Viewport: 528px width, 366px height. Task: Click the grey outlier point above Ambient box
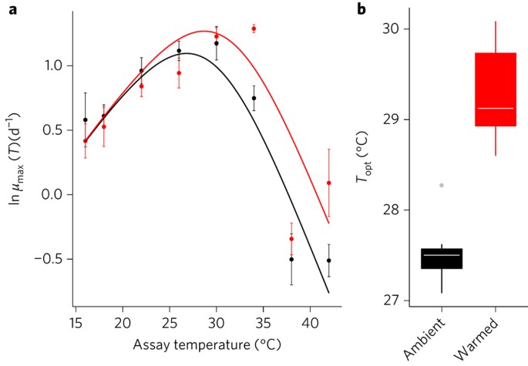tap(442, 185)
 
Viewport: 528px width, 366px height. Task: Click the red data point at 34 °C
tap(254, 29)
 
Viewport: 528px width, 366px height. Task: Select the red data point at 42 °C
tap(329, 183)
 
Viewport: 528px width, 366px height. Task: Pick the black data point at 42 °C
tap(329, 260)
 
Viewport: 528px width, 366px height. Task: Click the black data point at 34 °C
tap(254, 98)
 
